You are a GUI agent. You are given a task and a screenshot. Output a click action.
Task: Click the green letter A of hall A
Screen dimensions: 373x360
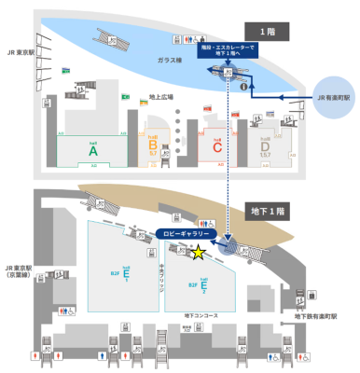(92, 149)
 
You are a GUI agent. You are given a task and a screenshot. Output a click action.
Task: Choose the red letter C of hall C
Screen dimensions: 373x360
(216, 146)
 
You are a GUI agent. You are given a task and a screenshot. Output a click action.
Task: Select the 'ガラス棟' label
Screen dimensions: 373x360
(169, 60)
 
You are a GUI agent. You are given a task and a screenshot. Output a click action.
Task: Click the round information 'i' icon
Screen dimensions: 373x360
(243, 87)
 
